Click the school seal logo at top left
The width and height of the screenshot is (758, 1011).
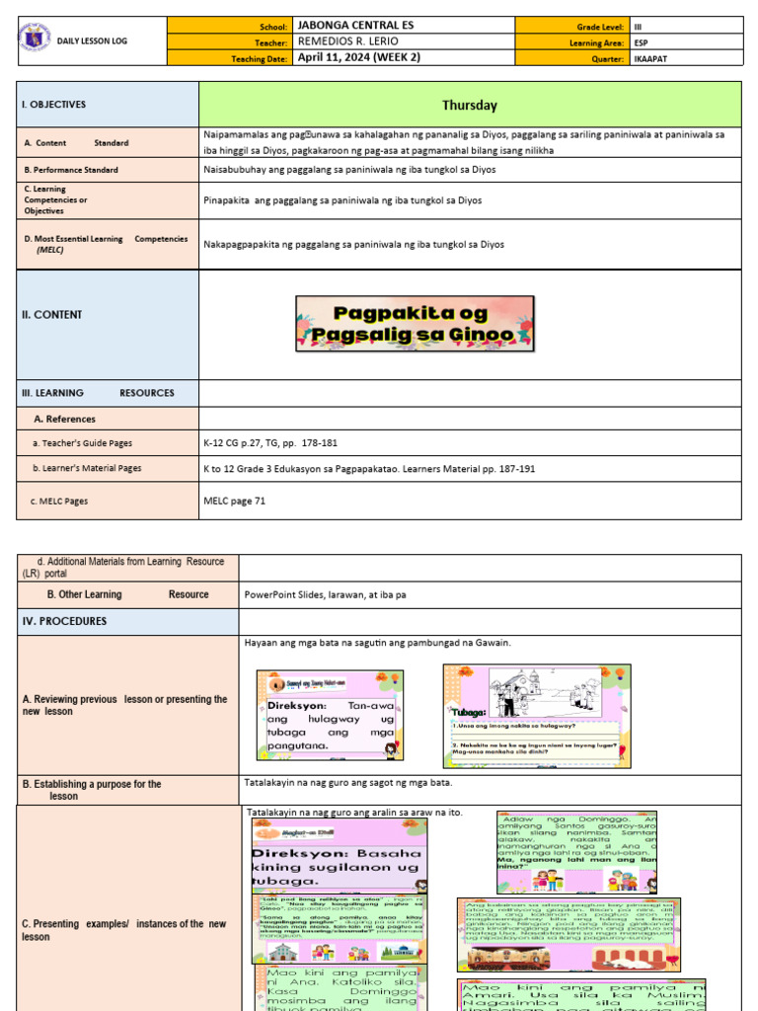pyautogui.click(x=34, y=39)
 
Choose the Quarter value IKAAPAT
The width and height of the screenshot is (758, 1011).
pyautogui.click(x=650, y=58)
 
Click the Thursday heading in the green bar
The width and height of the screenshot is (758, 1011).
pyautogui.click(x=470, y=105)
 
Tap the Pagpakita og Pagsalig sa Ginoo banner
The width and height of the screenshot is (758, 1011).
pyautogui.click(x=415, y=324)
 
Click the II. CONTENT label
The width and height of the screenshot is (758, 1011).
pyautogui.click(x=51, y=315)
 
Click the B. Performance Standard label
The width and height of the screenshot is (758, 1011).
pyautogui.click(x=71, y=170)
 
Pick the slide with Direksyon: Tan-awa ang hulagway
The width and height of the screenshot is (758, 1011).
pyautogui.click(x=330, y=716)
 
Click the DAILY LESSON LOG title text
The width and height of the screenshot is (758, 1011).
pyautogui.click(x=92, y=41)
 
